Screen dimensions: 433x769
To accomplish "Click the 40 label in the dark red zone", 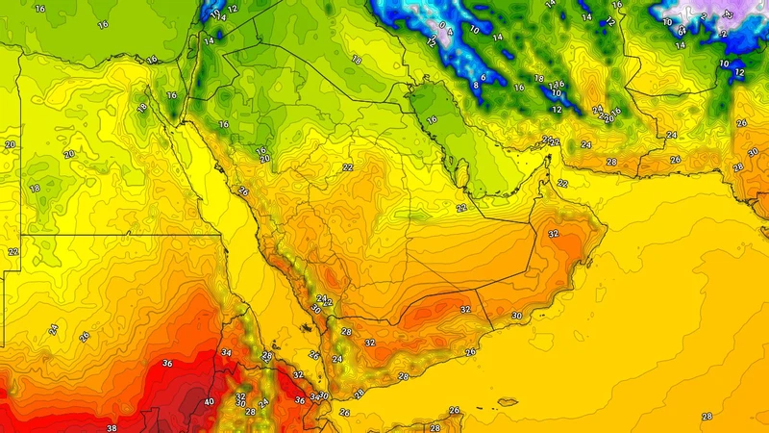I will [x=210, y=401].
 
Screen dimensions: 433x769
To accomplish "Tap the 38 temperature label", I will [x=112, y=427].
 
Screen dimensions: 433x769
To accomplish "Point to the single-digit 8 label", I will [x=475, y=86].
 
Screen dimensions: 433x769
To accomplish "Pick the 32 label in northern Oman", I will [x=553, y=234].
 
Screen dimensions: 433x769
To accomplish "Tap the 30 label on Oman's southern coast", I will [x=516, y=316].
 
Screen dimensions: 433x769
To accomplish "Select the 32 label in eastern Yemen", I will [x=464, y=309].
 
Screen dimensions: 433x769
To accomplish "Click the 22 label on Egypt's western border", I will [x=12, y=251].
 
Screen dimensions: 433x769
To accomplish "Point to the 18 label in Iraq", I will [x=357, y=60].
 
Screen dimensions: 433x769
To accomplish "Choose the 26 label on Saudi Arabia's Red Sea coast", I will [x=243, y=191].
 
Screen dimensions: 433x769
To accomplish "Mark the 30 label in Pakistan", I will [x=753, y=152].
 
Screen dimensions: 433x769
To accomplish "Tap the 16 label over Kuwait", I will [x=432, y=120].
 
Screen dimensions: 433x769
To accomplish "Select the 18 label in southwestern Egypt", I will [x=35, y=188].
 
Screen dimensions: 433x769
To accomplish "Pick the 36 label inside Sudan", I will [x=166, y=363].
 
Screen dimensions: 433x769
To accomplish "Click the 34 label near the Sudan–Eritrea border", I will [x=226, y=353].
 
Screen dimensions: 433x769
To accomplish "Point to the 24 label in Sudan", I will [x=52, y=328].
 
